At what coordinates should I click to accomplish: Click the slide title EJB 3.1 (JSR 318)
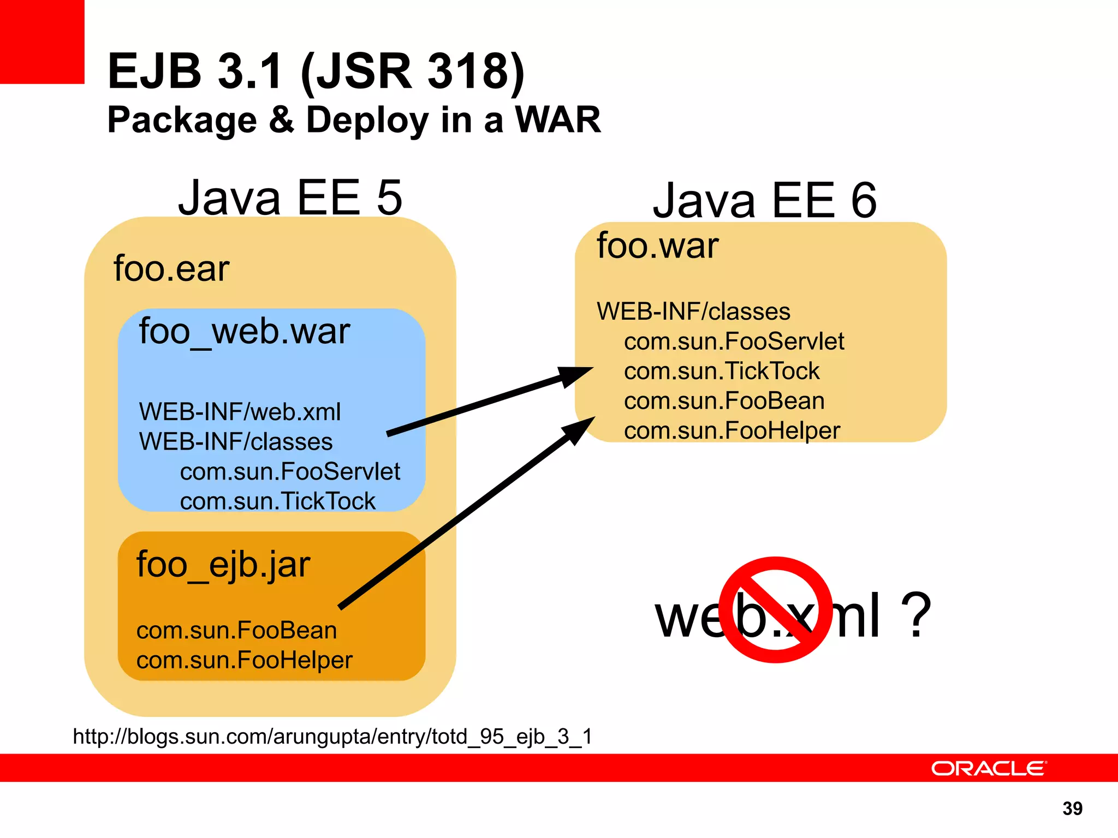[316, 71]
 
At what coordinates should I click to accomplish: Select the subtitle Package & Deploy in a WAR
[354, 119]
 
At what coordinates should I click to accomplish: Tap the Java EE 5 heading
[290, 197]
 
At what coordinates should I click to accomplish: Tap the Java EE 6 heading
[764, 201]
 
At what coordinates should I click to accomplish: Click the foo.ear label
[171, 268]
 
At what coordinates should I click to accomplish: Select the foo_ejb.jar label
[223, 565]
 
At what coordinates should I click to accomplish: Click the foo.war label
[657, 246]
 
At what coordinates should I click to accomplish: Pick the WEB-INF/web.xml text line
[240, 412]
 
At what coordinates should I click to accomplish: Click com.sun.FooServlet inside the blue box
[290, 471]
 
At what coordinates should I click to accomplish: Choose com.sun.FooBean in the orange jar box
[236, 631]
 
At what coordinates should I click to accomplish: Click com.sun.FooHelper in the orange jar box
[244, 660]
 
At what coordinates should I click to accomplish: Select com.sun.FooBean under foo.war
[724, 401]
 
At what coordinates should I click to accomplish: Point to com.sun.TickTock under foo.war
[721, 371]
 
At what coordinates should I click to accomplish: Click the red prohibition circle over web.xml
[775, 610]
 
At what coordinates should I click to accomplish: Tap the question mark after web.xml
[915, 615]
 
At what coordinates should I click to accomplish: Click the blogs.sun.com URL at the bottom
[332, 737]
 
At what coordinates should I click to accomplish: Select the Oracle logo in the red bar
[989, 768]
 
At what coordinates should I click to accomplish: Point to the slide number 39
[1072, 809]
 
